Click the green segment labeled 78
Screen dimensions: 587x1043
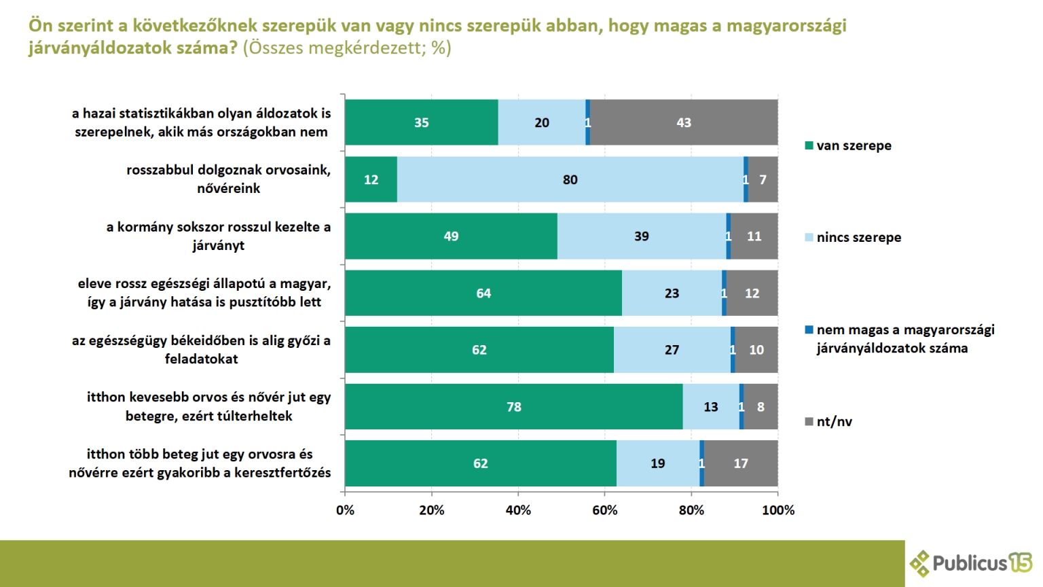pos(513,407)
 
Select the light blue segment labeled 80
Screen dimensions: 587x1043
pos(570,180)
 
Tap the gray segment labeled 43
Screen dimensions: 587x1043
pos(684,123)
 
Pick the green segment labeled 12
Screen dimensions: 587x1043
pos(371,180)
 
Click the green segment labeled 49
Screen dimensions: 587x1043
pos(451,236)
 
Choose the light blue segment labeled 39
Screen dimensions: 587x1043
pos(641,236)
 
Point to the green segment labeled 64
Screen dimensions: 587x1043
pos(483,293)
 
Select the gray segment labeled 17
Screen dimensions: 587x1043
pos(741,463)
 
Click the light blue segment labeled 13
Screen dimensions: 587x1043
pos(710,407)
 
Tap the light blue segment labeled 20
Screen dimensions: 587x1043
pos(541,123)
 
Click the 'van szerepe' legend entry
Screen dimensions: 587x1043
pos(853,145)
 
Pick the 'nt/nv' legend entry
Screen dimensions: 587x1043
pos(833,421)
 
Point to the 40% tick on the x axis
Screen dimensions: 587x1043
pos(518,510)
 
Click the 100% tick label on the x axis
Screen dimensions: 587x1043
pos(778,510)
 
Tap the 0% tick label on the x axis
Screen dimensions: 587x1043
pos(345,510)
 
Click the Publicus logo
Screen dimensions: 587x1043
pos(970,563)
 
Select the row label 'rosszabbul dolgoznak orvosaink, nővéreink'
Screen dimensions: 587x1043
pos(228,179)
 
